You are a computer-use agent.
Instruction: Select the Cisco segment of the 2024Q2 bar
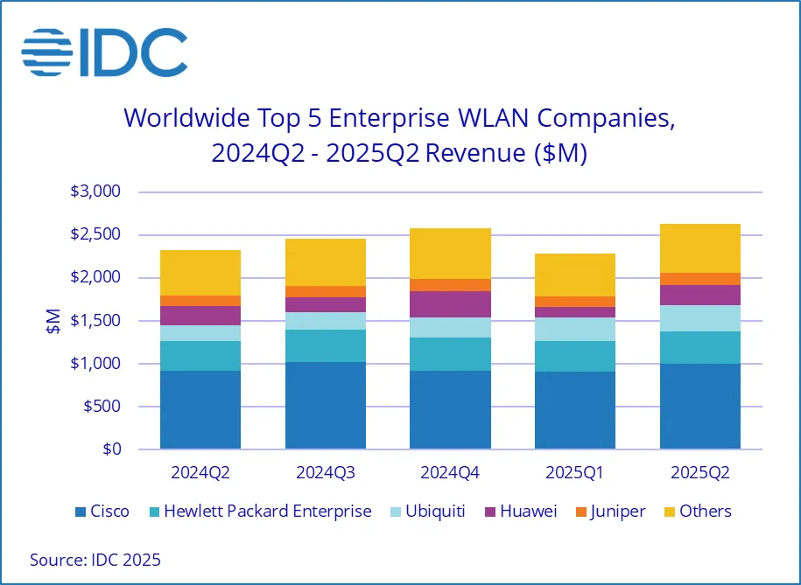(x=200, y=409)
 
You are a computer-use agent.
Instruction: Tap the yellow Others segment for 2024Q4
(x=450, y=254)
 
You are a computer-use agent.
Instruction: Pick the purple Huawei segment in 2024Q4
(x=450, y=304)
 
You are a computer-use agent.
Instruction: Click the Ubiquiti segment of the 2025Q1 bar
(x=575, y=329)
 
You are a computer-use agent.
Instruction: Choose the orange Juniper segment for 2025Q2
(x=699, y=279)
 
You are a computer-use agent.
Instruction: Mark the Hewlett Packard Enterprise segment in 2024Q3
(x=326, y=345)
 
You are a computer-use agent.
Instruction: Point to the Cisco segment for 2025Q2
(x=699, y=406)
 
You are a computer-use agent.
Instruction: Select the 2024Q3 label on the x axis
(x=326, y=473)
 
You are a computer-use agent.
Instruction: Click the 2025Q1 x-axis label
(x=575, y=473)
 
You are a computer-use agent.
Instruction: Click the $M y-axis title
(x=52, y=321)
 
